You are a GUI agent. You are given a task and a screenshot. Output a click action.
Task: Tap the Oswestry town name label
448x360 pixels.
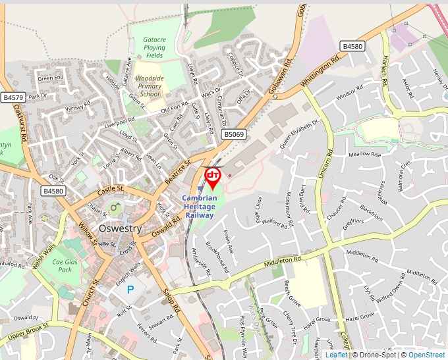[x=120, y=228]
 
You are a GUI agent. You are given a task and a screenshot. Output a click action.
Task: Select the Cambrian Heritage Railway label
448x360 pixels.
[x=200, y=207]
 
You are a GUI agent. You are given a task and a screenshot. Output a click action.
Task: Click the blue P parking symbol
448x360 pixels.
[x=130, y=289]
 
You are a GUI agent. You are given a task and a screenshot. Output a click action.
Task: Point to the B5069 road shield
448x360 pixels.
[x=233, y=134]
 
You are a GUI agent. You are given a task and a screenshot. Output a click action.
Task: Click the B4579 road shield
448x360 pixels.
[x=13, y=97]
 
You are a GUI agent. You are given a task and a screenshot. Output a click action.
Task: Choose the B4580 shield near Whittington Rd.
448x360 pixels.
[x=352, y=46]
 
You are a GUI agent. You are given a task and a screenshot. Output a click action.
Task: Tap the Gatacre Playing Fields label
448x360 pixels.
[x=154, y=47]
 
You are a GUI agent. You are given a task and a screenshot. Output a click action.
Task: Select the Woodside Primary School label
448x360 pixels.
[x=150, y=86]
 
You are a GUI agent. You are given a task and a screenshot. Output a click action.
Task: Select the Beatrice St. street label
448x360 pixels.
[x=177, y=170]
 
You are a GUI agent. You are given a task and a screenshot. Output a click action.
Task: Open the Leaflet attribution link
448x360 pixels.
[x=336, y=355]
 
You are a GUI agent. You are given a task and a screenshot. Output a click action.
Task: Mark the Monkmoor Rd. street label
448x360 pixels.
[x=289, y=207]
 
